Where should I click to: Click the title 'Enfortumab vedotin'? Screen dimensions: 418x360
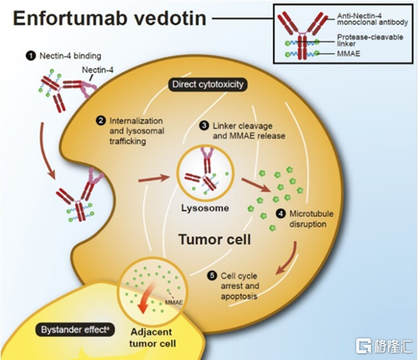click(x=109, y=18)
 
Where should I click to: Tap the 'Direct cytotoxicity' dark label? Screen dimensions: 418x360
click(x=208, y=84)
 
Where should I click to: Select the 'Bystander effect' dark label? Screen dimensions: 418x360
click(x=75, y=330)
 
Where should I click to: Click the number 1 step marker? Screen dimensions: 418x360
click(x=31, y=56)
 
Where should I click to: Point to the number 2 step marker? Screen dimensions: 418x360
click(x=100, y=121)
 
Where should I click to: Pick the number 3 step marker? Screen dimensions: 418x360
click(x=204, y=126)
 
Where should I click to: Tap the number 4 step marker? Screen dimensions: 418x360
click(x=280, y=213)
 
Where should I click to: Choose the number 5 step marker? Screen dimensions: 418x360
click(x=212, y=276)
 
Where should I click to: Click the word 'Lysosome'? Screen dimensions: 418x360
click(x=205, y=208)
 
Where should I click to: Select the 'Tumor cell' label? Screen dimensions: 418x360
click(x=214, y=239)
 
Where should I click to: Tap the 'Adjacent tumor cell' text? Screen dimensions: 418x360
click(x=152, y=337)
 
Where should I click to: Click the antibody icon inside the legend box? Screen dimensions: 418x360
click(x=303, y=35)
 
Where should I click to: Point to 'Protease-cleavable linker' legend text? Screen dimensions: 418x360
click(x=370, y=40)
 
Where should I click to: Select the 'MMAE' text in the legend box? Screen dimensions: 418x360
click(x=349, y=53)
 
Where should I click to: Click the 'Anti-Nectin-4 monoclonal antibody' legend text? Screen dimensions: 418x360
click(x=372, y=19)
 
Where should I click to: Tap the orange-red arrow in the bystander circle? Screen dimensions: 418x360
click(x=146, y=297)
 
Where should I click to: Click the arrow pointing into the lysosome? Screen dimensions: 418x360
click(x=154, y=178)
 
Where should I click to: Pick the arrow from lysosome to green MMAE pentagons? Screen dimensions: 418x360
click(x=256, y=185)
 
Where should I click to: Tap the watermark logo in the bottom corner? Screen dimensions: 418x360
click(x=384, y=346)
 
